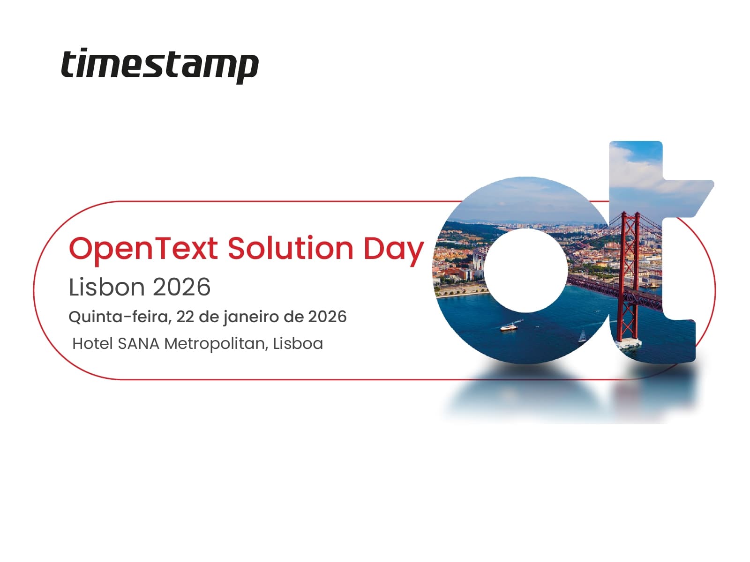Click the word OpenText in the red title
click(143, 249)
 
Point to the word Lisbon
click(107, 287)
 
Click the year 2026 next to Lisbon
click(182, 287)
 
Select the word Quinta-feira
click(119, 317)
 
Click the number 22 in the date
click(185, 317)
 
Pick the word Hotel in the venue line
click(92, 344)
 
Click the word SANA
click(138, 344)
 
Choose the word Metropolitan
click(216, 344)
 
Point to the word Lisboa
click(298, 344)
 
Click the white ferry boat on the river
click(509, 327)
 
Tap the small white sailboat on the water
click(582, 336)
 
